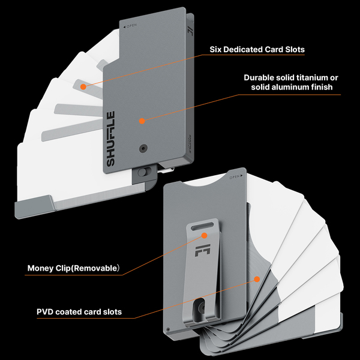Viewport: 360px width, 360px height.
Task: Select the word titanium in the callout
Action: [305, 77]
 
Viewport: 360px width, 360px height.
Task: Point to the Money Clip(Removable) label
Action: [74, 268]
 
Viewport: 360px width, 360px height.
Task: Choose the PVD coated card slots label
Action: [79, 311]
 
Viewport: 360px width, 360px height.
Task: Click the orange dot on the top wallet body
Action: [142, 121]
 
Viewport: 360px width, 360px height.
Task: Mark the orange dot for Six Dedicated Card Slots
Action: [83, 87]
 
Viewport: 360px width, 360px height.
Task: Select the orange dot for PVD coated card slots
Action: [257, 279]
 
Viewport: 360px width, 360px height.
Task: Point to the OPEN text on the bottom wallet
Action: [235, 177]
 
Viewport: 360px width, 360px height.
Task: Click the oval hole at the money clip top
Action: [203, 236]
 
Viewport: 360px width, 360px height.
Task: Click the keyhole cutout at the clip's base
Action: [201, 310]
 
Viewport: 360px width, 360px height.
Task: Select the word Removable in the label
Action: [95, 268]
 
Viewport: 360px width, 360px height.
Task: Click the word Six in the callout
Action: [217, 50]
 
